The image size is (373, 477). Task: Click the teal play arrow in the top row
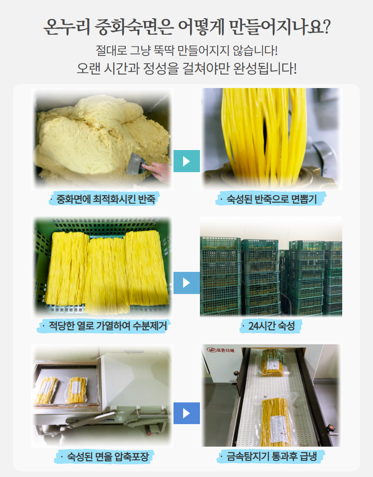click(x=186, y=161)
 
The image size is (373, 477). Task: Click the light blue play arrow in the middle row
click(x=186, y=283)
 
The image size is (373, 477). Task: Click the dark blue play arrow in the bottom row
click(x=186, y=413)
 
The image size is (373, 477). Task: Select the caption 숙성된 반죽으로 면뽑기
click(x=272, y=199)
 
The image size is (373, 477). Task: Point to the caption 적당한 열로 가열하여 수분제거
click(x=108, y=326)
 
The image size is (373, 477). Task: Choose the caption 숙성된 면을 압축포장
click(x=108, y=456)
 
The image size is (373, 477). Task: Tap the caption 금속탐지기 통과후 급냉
click(x=272, y=456)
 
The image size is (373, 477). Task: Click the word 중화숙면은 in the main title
click(x=134, y=27)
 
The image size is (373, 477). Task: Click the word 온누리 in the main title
click(x=67, y=27)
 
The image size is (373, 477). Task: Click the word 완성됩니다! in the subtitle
click(x=265, y=69)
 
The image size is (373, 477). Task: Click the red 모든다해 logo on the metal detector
click(x=221, y=350)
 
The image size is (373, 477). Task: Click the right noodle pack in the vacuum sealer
click(x=76, y=390)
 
